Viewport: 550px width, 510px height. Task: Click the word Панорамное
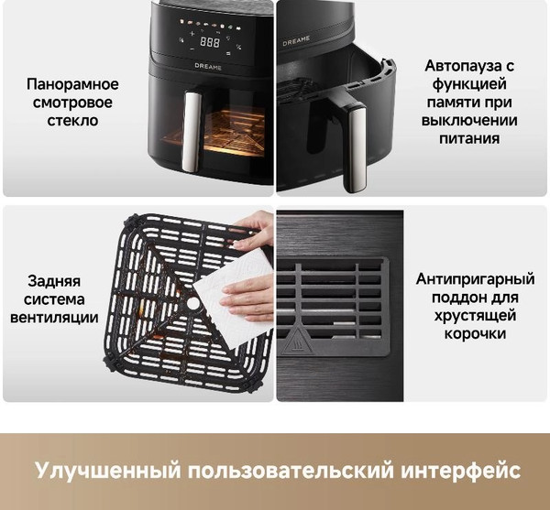tap(73, 84)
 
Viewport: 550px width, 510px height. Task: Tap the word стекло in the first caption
tap(73, 121)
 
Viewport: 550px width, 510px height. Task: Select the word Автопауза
tap(468, 66)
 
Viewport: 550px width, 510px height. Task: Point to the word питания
tap(468, 139)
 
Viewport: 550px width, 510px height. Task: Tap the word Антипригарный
tap(475, 278)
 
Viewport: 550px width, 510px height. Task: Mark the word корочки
tap(475, 333)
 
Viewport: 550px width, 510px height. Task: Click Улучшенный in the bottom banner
tap(107, 472)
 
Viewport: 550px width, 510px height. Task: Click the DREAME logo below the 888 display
tap(210, 66)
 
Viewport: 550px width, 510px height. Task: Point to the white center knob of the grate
tap(193, 303)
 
